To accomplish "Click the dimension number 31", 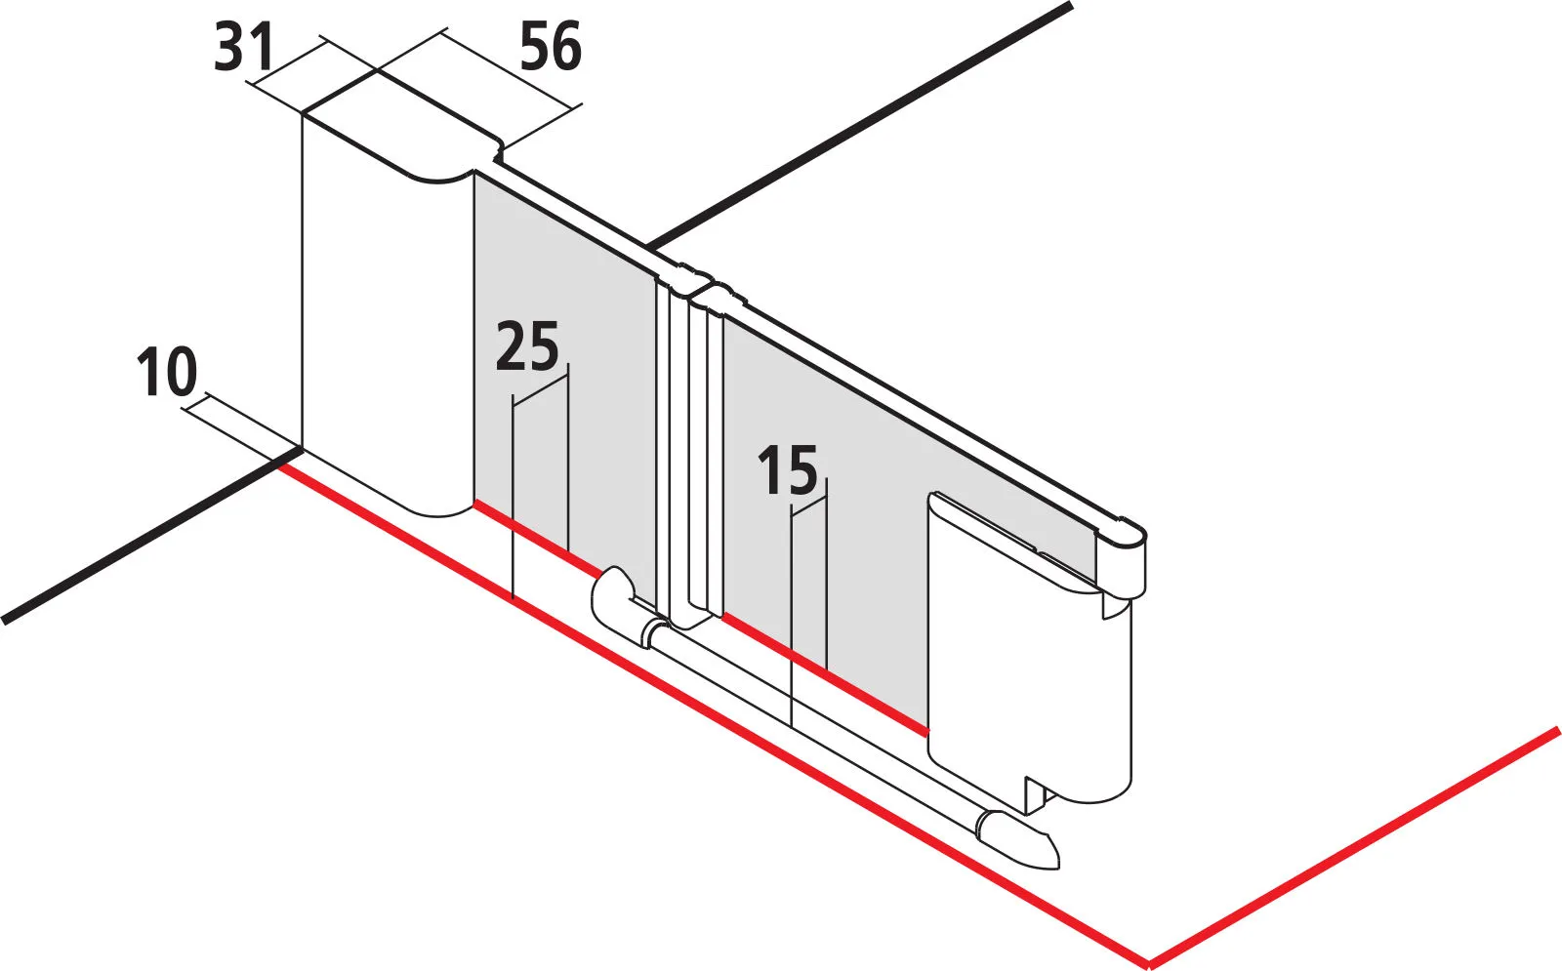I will click(245, 48).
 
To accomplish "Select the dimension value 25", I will click(527, 347).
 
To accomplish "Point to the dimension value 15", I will click(788, 470).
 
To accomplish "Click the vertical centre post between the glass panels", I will click(689, 449).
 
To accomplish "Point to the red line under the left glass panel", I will click(537, 536).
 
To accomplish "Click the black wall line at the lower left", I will click(146, 537).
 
